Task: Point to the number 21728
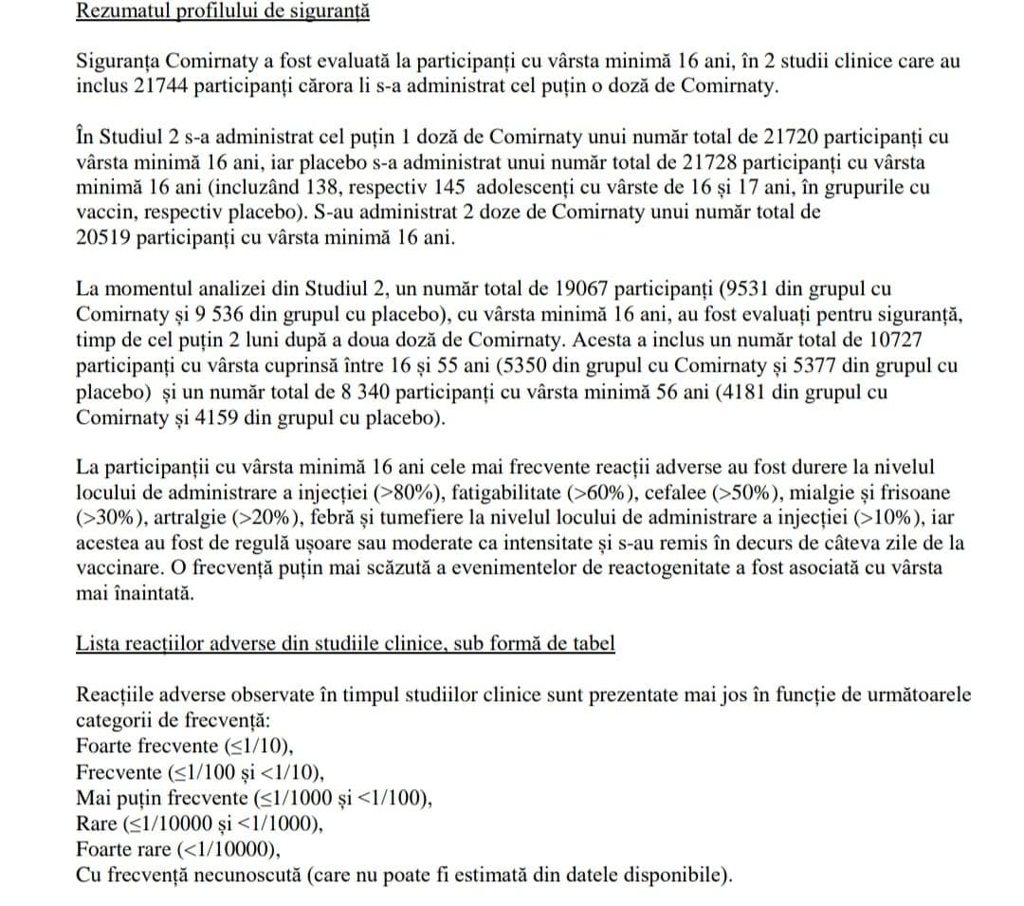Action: [711, 161]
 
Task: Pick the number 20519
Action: [103, 237]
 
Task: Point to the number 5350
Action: [558, 365]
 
